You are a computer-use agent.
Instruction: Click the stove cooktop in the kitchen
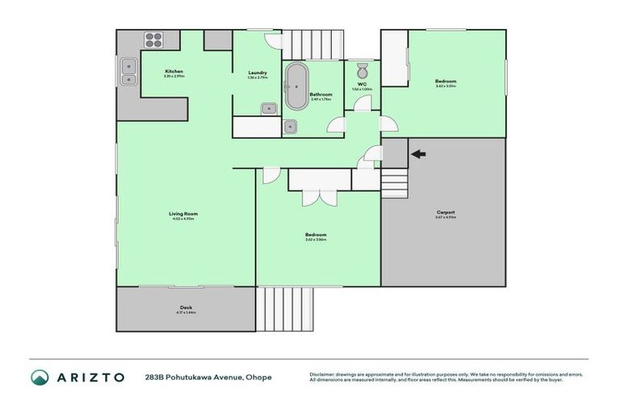pos(153,40)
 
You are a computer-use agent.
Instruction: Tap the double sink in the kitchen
pos(128,73)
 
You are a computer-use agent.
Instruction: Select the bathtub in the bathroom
pos(295,85)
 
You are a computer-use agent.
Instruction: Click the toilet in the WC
pos(362,69)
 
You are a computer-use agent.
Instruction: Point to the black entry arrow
pos(417,153)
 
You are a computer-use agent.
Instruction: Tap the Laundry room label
pos(258,73)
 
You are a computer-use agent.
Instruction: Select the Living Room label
pos(183,214)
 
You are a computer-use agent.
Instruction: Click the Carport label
pos(446,213)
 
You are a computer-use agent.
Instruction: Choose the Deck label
pos(186,307)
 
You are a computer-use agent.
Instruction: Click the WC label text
pos(362,85)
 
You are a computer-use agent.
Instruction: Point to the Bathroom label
pos(321,94)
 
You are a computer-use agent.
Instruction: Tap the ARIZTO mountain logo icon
pos(40,377)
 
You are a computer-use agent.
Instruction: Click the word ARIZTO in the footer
pos(90,377)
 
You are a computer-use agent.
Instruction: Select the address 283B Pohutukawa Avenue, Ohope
pos(208,377)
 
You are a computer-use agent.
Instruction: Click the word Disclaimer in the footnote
pos(323,374)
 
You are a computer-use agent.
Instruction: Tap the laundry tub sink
pos(269,108)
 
